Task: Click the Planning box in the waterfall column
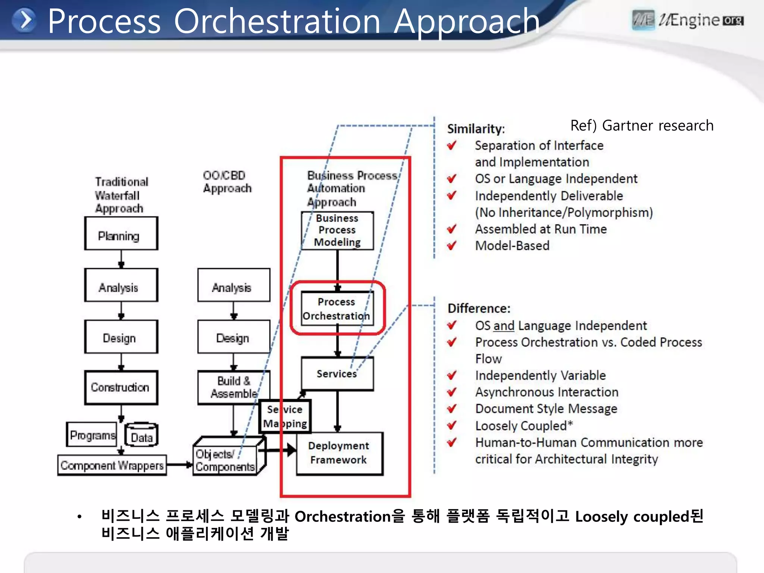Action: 121,234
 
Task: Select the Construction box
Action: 121,388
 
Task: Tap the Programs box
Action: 92,435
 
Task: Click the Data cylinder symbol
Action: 141,435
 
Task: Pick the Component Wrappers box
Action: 112,465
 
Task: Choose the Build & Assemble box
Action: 234,388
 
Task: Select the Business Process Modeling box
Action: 337,231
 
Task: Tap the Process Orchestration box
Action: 337,309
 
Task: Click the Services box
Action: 337,374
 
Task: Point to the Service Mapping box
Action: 285,416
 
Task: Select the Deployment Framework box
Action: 339,453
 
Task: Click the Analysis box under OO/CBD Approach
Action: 234,285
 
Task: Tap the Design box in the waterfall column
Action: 121,337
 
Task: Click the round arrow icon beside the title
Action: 24,20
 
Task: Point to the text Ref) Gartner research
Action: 642,126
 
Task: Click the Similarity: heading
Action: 476,129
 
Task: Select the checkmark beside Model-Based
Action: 452,246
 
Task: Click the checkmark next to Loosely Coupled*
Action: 452,426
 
